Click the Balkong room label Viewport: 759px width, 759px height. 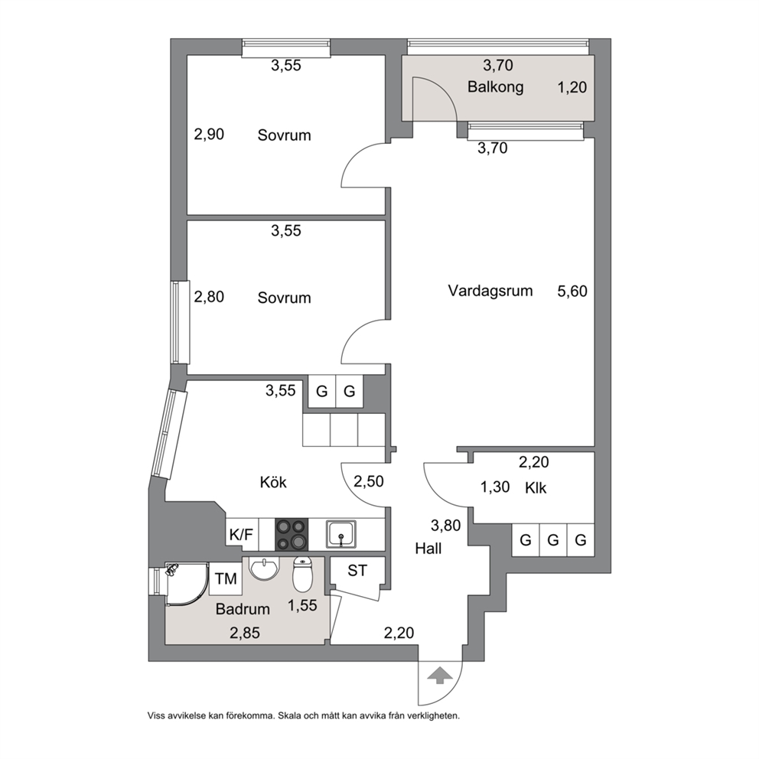[x=495, y=87]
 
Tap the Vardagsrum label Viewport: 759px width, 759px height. [x=490, y=291]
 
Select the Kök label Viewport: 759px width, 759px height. [x=273, y=482]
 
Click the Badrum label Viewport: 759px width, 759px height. [x=243, y=609]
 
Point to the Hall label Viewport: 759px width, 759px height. [x=428, y=549]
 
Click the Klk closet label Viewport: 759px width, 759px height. [x=536, y=487]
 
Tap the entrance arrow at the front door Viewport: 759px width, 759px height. [x=439, y=676]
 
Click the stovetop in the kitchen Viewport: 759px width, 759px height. [x=292, y=534]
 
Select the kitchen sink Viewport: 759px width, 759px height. [x=341, y=534]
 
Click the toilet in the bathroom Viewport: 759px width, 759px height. [x=303, y=574]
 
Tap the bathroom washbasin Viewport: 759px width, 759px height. [x=264, y=567]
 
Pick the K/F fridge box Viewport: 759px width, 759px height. [x=242, y=534]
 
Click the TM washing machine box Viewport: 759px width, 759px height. [x=226, y=578]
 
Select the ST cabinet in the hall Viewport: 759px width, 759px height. [x=357, y=572]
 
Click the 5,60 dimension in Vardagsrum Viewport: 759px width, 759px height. [x=572, y=291]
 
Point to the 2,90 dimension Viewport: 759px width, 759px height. [x=209, y=134]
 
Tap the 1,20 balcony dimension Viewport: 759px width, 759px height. [x=572, y=87]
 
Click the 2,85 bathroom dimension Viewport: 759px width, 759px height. [x=244, y=633]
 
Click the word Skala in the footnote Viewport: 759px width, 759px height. [x=289, y=716]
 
